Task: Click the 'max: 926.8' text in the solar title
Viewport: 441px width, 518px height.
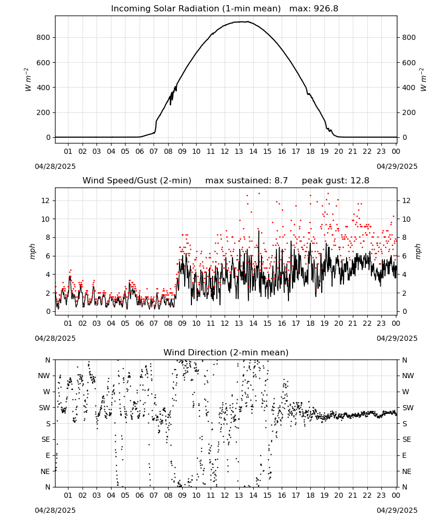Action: pos(314,8)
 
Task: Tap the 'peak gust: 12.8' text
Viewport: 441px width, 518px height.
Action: pos(336,180)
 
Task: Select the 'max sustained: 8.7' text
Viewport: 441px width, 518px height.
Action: pos(246,180)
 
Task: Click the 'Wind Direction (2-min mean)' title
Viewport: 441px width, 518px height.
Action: pos(226,352)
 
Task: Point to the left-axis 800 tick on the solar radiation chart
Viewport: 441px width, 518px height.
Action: pos(44,38)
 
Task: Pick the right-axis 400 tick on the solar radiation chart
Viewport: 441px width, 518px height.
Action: pos(409,88)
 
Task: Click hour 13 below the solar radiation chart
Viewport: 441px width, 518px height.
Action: pos(239,151)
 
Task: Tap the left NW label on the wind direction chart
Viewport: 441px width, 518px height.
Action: pos(44,376)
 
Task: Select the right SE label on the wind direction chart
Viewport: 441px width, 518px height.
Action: pos(407,439)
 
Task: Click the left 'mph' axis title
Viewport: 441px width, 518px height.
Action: pos(32,251)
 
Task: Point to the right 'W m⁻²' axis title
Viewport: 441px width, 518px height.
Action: pos(423,79)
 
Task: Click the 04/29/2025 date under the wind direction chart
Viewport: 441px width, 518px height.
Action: pos(397,510)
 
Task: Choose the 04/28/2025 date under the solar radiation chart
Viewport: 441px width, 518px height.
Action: pos(55,166)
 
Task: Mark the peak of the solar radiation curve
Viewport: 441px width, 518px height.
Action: pos(247,21)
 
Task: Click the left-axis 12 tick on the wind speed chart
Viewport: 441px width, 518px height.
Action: pos(46,200)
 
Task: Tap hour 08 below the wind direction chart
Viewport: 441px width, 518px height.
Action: pos(168,495)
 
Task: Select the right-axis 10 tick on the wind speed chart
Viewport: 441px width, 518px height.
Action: pos(406,219)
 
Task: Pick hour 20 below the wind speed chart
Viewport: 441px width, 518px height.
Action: pos(338,323)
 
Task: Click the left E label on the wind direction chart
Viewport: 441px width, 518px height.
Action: pos(48,455)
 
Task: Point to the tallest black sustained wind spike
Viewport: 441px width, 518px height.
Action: pos(259,231)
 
